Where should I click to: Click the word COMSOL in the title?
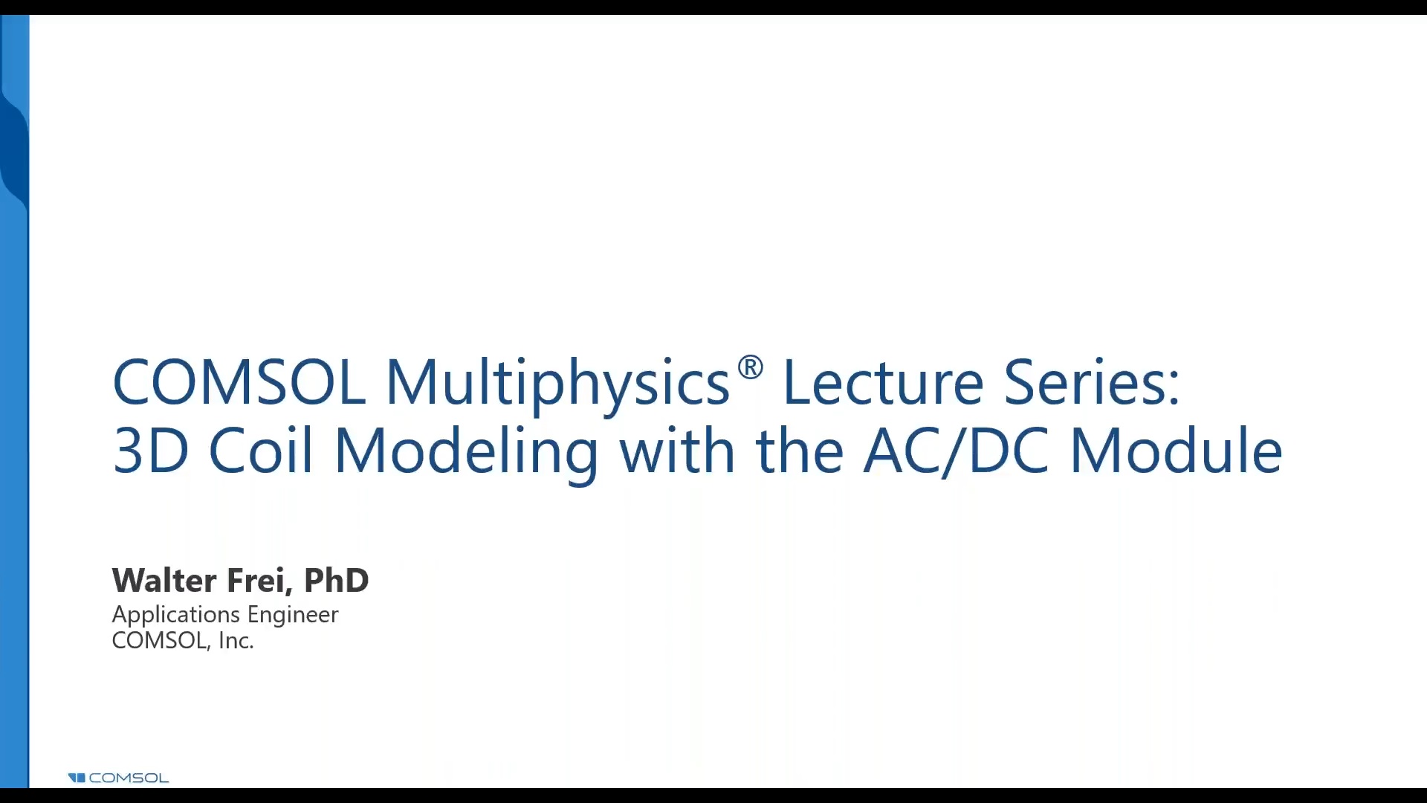(239, 382)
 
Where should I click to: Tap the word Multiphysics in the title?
(557, 384)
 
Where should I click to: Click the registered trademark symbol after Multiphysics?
(751, 367)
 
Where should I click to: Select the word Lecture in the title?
(883, 382)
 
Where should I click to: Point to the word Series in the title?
(1091, 382)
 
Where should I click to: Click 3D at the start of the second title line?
(151, 451)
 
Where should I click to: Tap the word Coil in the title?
(260, 451)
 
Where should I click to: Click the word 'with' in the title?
(677, 451)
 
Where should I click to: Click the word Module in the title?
(1176, 451)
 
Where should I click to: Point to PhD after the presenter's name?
(336, 581)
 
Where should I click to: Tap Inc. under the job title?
(236, 641)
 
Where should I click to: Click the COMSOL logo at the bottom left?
(118, 778)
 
